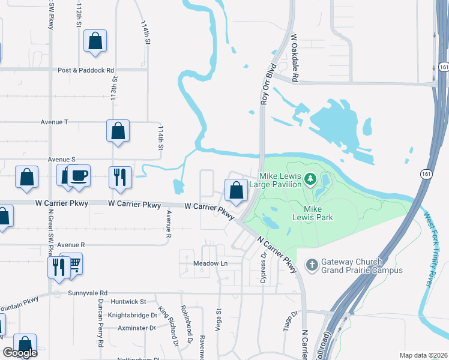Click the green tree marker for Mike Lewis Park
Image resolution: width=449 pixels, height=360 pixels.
pos(310,179)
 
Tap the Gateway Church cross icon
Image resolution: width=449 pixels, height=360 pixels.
pos(312,265)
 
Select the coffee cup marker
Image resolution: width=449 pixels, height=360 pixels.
pos(78,175)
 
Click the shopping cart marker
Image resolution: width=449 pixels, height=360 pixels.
pos(74,263)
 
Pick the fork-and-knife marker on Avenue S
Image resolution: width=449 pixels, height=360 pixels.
pos(119,177)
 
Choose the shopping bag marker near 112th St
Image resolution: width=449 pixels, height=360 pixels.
pos(95,41)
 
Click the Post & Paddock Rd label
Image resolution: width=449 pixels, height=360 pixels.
pos(86,70)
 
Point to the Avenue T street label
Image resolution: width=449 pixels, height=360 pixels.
pos(55,122)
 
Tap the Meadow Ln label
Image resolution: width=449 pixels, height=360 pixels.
pos(211,263)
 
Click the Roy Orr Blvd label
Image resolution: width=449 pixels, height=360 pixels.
pos(267,85)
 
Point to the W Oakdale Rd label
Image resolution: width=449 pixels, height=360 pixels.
pos(295,58)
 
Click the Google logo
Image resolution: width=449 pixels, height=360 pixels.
pos(20,353)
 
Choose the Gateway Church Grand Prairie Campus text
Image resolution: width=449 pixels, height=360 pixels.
pos(361,266)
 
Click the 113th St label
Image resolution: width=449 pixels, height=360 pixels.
pos(113,87)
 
